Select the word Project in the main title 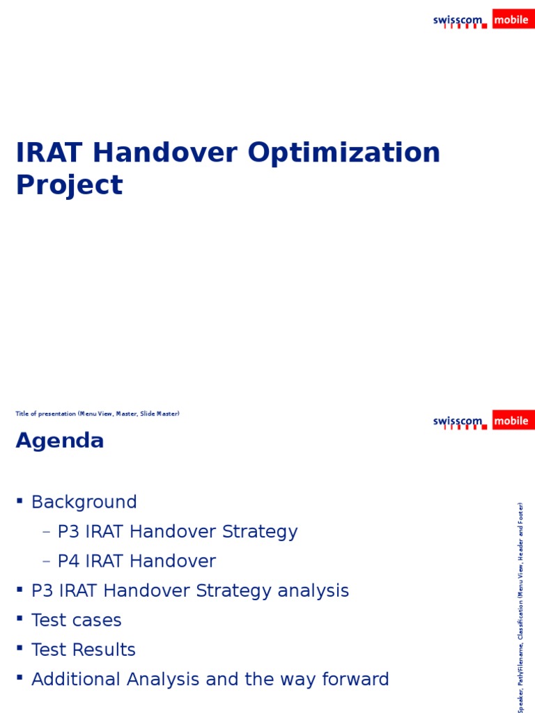(x=69, y=185)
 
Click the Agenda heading (x=60, y=441)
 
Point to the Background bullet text (x=84, y=502)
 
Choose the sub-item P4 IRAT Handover (x=137, y=561)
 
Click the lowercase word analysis (x=313, y=591)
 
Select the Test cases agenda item (x=77, y=620)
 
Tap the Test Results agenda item (x=84, y=650)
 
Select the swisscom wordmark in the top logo (x=458, y=21)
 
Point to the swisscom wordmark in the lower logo (x=458, y=421)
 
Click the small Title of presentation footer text (x=98, y=414)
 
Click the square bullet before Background (x=20, y=501)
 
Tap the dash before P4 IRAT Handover (x=47, y=561)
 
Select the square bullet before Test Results (x=20, y=648)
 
